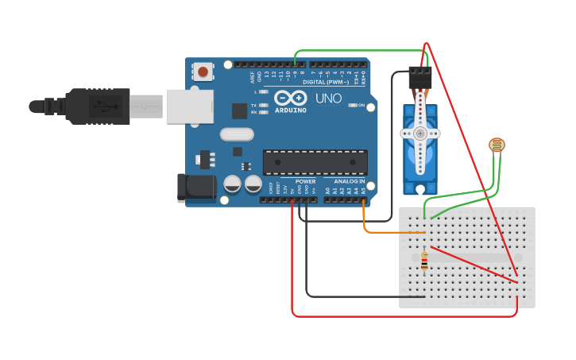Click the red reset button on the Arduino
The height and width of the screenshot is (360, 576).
(203, 72)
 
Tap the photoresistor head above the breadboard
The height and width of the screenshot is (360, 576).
(497, 145)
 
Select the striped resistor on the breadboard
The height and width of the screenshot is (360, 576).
(423, 261)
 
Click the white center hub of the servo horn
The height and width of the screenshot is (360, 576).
(419, 134)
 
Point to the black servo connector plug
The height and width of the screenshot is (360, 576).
(420, 77)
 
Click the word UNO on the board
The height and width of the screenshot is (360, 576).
(328, 99)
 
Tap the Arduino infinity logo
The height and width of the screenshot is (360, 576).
(289, 97)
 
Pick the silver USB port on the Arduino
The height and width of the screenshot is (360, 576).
(190, 106)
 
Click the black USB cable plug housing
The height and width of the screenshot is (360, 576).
(99, 106)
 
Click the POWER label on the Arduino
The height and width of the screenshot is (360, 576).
(305, 182)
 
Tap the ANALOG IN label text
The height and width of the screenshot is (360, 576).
(349, 182)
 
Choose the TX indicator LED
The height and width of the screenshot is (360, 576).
(263, 105)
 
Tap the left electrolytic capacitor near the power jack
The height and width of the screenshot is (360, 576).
(232, 184)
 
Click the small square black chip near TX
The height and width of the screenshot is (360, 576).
(239, 110)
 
